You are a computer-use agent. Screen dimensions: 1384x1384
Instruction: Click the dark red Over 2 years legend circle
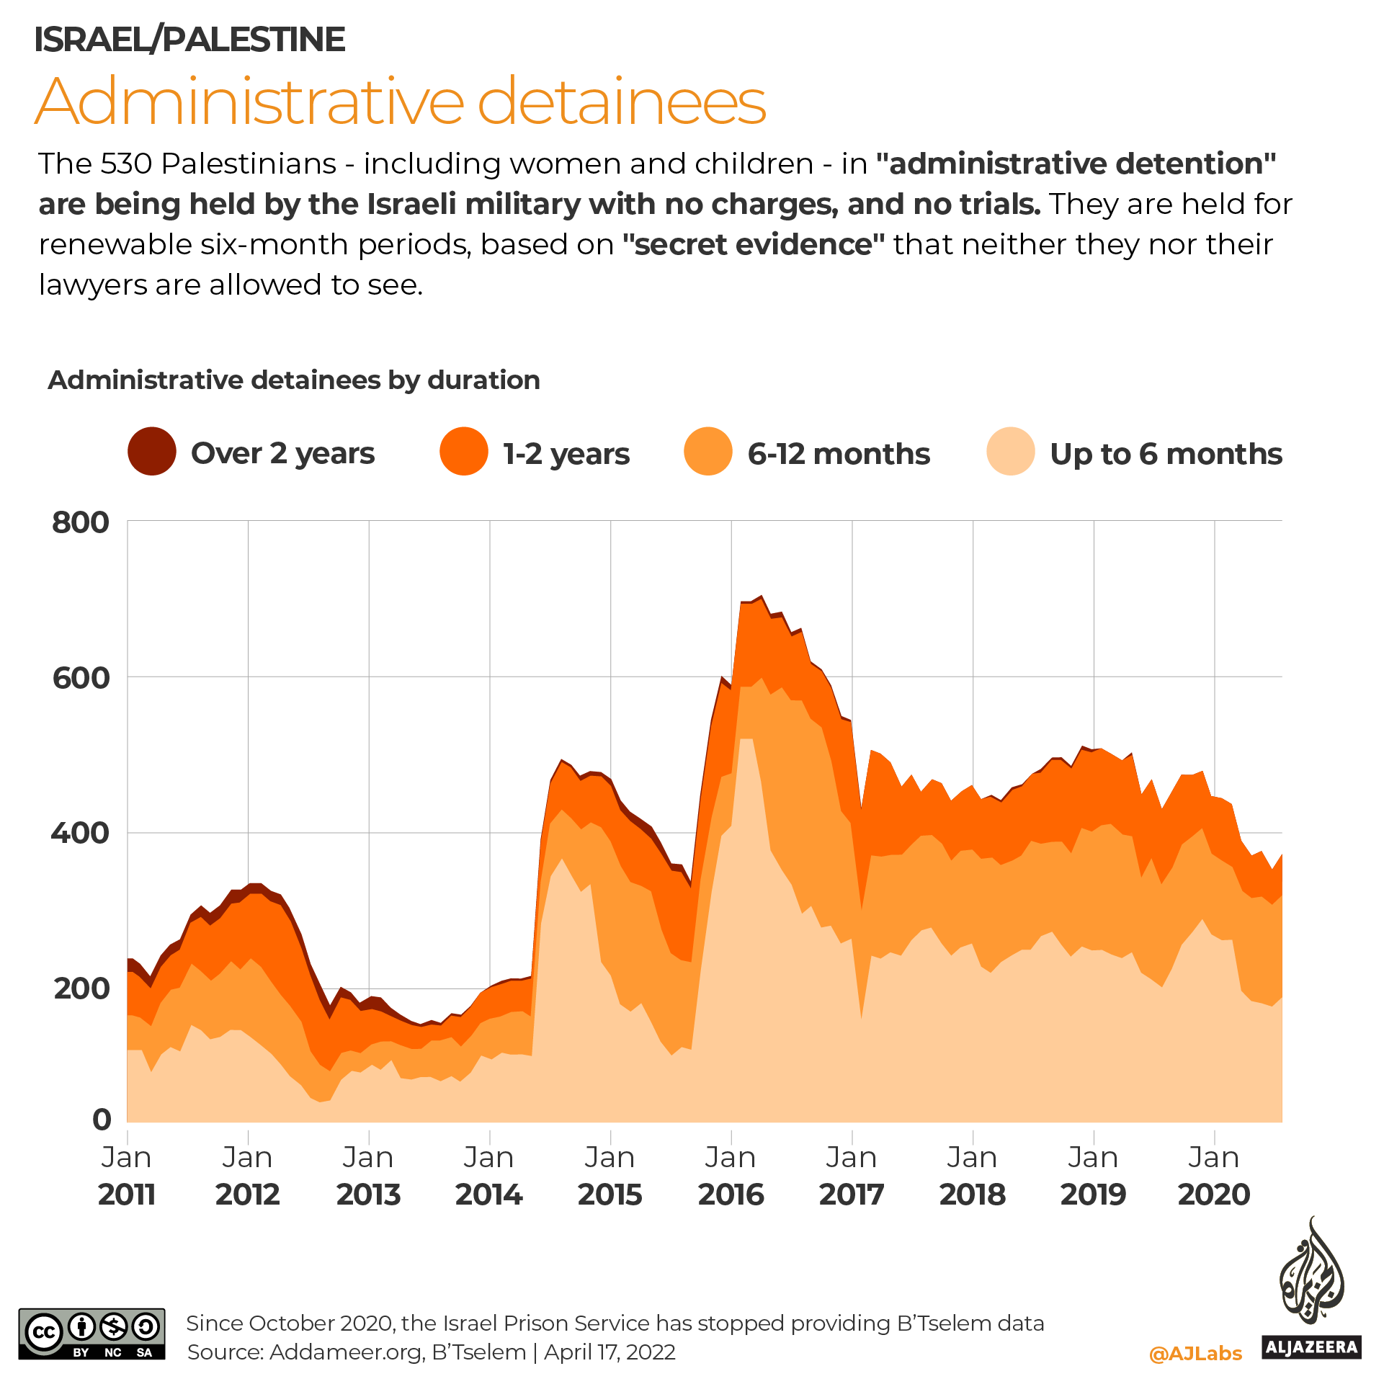point(152,452)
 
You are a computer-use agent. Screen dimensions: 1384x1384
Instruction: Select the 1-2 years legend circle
point(464,452)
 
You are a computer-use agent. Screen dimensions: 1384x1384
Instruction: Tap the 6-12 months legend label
point(839,454)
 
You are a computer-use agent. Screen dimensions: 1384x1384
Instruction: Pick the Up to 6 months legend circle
point(1011,452)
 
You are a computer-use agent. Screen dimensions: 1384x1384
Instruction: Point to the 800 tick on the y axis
point(81,522)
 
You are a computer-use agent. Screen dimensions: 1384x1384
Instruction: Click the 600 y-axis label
point(81,678)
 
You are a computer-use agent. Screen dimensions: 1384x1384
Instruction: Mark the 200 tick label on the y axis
point(81,988)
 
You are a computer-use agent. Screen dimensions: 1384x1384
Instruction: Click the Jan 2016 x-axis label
point(731,1176)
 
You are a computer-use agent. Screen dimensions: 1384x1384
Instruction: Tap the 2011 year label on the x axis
point(127,1195)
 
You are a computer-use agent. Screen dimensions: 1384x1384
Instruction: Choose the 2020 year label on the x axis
point(1214,1195)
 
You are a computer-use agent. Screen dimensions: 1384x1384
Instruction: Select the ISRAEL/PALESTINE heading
point(189,39)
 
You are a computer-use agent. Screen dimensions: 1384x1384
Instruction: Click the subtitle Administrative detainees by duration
point(294,380)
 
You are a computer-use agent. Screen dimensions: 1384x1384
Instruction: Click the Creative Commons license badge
point(91,1334)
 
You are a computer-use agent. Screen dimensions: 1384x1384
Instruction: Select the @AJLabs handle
point(1195,1353)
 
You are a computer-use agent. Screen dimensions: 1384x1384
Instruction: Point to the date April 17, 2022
point(610,1352)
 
